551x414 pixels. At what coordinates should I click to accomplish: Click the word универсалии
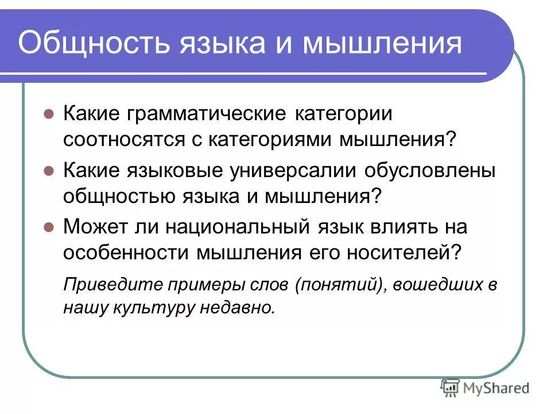tap(284, 171)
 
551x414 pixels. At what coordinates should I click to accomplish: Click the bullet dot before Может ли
tap(49, 227)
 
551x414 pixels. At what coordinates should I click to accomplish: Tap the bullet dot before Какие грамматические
tap(49, 113)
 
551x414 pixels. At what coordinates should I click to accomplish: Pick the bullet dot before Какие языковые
tap(49, 171)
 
